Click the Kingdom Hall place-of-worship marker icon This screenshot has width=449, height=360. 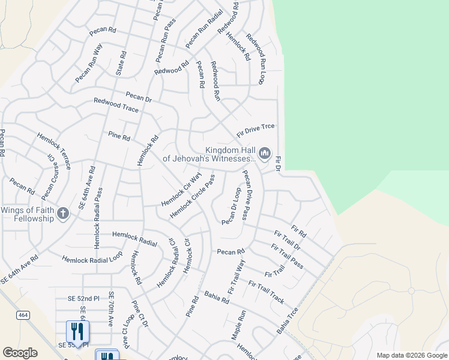tap(265, 154)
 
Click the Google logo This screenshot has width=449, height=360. tap(20, 353)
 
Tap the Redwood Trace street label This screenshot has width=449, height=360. tap(116, 106)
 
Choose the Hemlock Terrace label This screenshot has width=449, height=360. tap(53, 151)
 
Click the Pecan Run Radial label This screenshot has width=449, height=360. tap(204, 29)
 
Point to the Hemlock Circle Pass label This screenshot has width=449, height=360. tap(192, 197)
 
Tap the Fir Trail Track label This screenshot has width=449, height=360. tap(266, 292)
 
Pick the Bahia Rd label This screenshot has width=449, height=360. tap(217, 296)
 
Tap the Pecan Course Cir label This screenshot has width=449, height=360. tap(48, 177)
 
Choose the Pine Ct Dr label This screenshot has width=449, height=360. tap(139, 314)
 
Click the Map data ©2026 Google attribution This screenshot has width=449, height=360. tap(411, 355)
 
